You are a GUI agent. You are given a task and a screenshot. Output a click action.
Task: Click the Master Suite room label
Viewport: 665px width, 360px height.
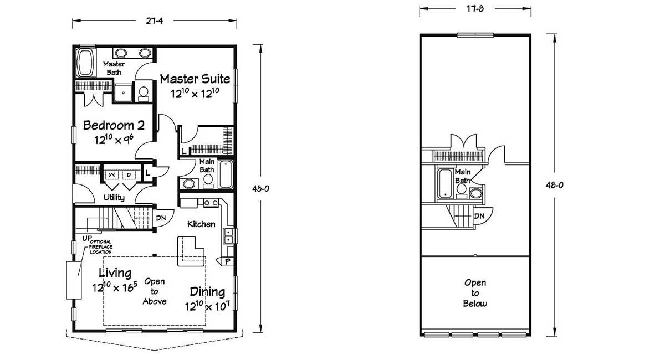195,79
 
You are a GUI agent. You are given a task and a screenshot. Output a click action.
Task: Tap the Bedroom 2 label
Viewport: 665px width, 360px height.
114,125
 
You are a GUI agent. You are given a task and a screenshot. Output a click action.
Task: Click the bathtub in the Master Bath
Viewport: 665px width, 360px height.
86,63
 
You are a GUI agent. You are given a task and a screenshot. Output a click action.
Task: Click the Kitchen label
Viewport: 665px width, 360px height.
201,224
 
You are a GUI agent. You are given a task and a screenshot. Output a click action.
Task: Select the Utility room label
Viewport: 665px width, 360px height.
114,198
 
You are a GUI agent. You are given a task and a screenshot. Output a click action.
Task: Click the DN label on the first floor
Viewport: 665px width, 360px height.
161,218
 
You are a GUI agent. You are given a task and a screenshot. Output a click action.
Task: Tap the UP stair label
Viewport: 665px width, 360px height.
86,238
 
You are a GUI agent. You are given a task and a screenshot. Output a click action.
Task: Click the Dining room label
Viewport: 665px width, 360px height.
207,292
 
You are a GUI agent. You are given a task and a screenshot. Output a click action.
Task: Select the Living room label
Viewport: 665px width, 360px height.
115,273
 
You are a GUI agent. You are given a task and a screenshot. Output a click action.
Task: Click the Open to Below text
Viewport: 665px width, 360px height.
475,292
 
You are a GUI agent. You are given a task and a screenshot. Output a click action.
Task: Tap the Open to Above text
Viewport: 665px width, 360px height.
155,291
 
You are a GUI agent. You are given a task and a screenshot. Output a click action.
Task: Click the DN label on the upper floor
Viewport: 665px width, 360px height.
479,215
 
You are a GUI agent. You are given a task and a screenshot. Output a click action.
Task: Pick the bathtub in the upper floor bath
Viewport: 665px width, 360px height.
445,183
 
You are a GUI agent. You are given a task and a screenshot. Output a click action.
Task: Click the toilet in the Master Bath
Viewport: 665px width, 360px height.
143,93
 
